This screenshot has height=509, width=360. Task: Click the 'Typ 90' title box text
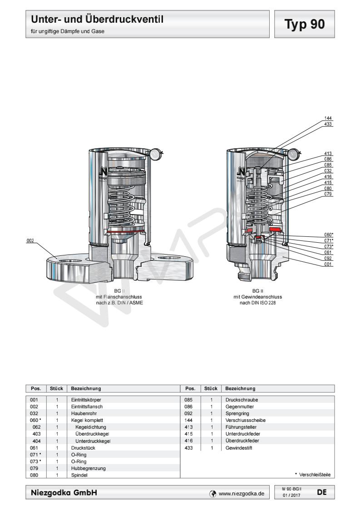coord(305,24)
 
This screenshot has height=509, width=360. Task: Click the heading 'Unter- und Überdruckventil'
coord(97,20)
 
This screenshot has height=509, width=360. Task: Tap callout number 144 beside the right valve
coord(328,118)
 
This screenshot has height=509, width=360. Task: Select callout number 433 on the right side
coord(328,124)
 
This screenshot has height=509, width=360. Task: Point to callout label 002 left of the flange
coord(30,241)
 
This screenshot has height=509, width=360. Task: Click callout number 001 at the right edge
coord(328,264)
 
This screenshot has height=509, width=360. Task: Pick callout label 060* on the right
coord(329,235)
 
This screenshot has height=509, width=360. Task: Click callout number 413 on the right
coord(328,153)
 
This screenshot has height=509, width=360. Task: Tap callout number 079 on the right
coord(328,194)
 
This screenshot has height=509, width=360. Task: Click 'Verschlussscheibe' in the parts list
coord(246,420)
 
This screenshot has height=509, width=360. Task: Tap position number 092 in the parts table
coord(189,413)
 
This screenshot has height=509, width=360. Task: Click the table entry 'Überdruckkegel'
coord(93,434)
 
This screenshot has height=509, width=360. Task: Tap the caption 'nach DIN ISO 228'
coord(258,303)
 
